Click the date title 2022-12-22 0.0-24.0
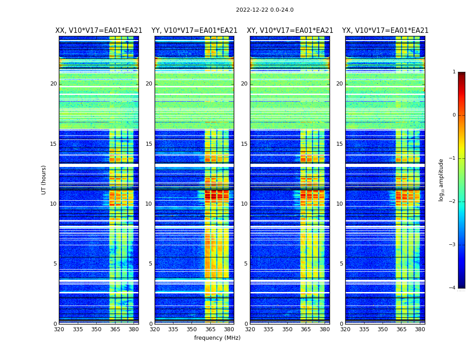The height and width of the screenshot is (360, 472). point(264,10)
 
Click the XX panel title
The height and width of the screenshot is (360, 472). point(98,31)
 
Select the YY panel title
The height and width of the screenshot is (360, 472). point(194,31)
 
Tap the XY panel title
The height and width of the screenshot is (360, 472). point(290,31)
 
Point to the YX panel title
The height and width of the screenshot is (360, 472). point(385,31)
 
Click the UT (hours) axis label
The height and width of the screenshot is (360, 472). point(44,180)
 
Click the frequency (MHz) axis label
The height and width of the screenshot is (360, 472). point(217,338)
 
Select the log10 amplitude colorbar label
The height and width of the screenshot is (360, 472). point(441,180)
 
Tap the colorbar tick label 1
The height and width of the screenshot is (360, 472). point(454,72)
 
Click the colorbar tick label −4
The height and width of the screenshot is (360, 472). point(453,288)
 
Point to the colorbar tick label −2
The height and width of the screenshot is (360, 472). point(453,202)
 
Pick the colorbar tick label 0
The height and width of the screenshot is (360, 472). point(454,115)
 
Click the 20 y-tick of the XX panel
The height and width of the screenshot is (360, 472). point(53,84)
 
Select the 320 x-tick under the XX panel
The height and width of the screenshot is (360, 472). point(59,329)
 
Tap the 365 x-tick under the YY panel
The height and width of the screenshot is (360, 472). point(210,329)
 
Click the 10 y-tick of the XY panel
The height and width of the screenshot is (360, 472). point(245,204)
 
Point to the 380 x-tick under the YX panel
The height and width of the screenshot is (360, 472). point(420,329)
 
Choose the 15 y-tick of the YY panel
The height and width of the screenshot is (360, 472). point(149,144)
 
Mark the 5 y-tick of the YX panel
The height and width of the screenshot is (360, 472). point(341,264)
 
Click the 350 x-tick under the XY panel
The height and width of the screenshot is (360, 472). point(287,329)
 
